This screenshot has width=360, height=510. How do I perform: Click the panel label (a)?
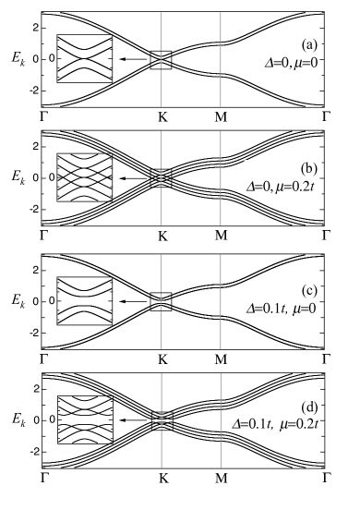point(309,45)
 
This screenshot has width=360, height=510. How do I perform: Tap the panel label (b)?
point(309,168)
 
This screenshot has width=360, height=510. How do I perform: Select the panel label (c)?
point(309,290)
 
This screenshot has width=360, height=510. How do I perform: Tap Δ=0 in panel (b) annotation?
point(258,186)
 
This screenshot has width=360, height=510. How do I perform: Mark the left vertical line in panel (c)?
point(162,300)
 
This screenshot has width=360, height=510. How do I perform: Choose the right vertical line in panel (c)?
point(220,300)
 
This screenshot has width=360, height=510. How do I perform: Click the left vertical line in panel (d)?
point(162,420)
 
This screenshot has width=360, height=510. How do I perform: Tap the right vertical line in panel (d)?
point(220,420)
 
